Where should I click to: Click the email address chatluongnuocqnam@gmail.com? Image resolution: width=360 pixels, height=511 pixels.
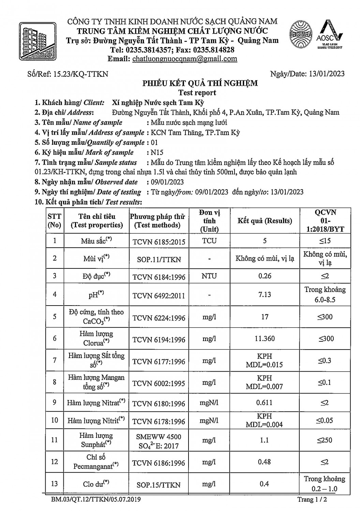pos(184,59)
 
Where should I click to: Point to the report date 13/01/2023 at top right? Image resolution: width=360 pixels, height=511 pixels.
pos(326,74)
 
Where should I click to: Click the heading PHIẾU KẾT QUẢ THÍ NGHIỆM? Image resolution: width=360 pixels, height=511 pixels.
pos(200,83)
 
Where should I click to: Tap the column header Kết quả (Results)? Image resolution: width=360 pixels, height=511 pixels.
pos(265,221)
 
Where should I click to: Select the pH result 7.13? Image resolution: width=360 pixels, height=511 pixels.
pos(265,294)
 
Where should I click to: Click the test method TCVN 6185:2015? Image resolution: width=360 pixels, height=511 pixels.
pos(159,242)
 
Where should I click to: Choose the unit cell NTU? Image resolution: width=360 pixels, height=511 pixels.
pos(209,276)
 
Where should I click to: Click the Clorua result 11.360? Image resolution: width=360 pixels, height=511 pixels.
pos(265,339)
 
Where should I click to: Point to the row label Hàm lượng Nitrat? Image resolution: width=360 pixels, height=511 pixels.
pos(96,403)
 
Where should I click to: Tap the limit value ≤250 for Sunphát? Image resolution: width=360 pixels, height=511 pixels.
pos(324,440)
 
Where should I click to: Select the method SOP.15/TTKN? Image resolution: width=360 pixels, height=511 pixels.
pos(159,485)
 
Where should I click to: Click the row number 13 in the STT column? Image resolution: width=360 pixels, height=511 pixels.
pos(55,484)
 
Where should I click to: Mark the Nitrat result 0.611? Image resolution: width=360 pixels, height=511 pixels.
pos(265,403)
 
